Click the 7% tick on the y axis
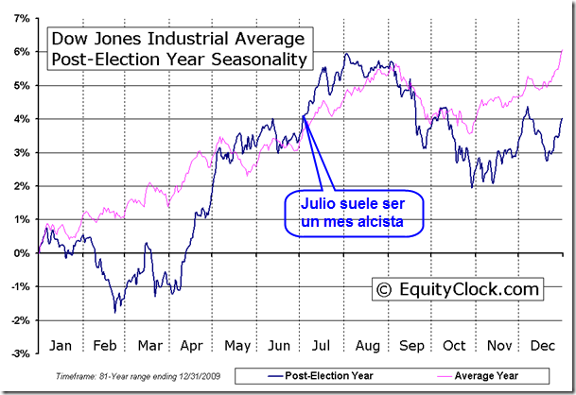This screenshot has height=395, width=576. click(x=22, y=18)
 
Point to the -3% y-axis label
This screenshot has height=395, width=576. click(x=20, y=353)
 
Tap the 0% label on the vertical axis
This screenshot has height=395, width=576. click(x=22, y=253)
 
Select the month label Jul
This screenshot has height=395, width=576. click(x=321, y=346)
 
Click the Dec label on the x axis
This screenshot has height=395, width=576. click(x=543, y=346)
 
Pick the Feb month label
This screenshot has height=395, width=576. click(x=105, y=346)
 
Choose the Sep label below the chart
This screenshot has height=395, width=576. click(x=411, y=346)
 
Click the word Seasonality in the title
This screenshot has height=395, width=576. click(x=259, y=60)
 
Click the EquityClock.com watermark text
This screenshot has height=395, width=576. click(x=469, y=289)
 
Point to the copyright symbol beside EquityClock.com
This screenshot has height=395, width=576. click(x=384, y=290)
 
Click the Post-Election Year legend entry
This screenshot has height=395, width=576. click(x=320, y=375)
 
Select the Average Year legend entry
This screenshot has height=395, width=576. click(x=478, y=375)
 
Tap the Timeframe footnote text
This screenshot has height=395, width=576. click(x=138, y=376)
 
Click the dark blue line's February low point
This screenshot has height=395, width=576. click(x=115, y=313)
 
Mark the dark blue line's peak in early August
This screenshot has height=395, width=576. click(x=346, y=54)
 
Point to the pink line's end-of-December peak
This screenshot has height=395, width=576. click(x=562, y=50)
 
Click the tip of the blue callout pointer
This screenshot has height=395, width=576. click(x=304, y=116)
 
